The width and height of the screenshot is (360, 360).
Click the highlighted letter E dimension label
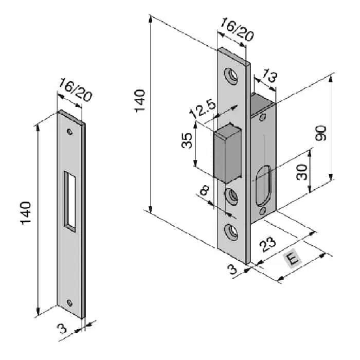coord(292,259)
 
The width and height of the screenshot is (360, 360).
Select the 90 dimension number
coord(320,133)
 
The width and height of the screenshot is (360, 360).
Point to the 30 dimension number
coord(302,172)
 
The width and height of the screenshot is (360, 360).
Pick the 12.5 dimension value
coord(202,108)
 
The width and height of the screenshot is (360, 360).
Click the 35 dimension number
coord(187,140)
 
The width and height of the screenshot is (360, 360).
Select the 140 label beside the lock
coord(139,101)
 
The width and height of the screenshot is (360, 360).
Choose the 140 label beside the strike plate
coord(25,213)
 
